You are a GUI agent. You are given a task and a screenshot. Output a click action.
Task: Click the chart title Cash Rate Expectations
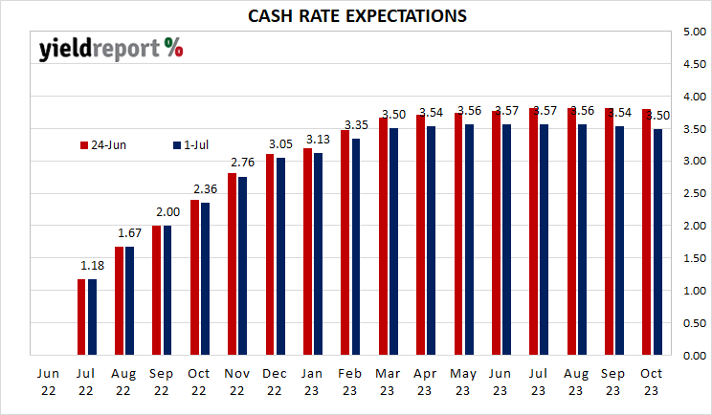pyautogui.click(x=357, y=16)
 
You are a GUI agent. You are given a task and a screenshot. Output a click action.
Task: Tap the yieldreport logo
pyautogui.click(x=111, y=49)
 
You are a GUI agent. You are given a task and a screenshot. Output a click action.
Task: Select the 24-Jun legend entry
pyautogui.click(x=103, y=145)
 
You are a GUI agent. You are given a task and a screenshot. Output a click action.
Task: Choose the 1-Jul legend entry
pyautogui.click(x=190, y=145)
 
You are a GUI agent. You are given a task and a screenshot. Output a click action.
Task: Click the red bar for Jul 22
pyautogui.click(x=81, y=317)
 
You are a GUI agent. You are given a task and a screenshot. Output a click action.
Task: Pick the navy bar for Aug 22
pyautogui.click(x=129, y=300)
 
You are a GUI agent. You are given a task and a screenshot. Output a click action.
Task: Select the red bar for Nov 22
pyautogui.click(x=232, y=264)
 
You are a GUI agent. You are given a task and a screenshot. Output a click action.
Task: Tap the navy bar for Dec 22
pyautogui.click(x=280, y=256)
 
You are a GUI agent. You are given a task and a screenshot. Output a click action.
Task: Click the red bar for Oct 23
pyautogui.click(x=646, y=231)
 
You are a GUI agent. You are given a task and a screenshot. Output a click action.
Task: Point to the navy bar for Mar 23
pyautogui.click(x=393, y=242)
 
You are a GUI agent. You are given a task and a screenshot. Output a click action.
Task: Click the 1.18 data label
pyautogui.click(x=92, y=265)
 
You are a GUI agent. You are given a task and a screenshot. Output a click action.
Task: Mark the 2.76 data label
pyautogui.click(x=242, y=163)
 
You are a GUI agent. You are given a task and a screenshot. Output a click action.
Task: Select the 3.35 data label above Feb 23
pyautogui.click(x=356, y=125)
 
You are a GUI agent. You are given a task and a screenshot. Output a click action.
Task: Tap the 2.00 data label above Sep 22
pyautogui.click(x=168, y=212)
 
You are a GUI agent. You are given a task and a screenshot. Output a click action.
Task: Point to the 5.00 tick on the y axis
pyautogui.click(x=694, y=32)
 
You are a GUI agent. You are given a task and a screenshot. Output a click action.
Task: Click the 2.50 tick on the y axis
pyautogui.click(x=694, y=194)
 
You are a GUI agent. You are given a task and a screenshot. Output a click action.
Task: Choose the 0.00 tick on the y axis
pyautogui.click(x=694, y=356)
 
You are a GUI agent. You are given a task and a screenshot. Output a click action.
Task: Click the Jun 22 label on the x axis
pyautogui.click(x=48, y=382)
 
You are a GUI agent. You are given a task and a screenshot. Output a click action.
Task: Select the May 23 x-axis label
pyautogui.click(x=463, y=382)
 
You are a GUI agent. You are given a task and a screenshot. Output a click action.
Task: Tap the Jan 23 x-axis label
pyautogui.click(x=312, y=382)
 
